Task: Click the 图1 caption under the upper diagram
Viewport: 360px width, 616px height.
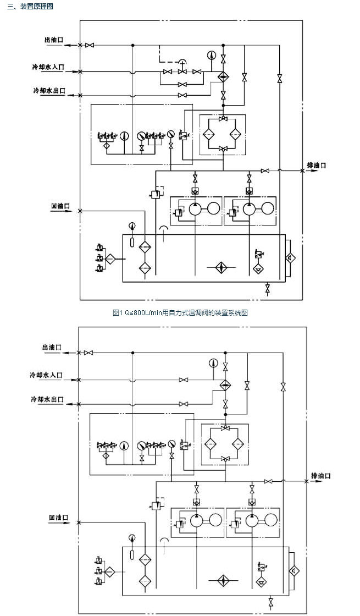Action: point(180,313)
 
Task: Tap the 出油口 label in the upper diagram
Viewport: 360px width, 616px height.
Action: point(54,40)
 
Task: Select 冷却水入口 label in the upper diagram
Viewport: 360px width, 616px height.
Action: point(48,67)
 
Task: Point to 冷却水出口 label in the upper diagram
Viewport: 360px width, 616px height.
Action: point(48,90)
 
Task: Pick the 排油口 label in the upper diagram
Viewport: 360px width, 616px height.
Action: point(316,166)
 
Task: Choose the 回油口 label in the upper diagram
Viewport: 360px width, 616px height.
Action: point(60,206)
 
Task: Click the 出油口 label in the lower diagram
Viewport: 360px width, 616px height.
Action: point(52,348)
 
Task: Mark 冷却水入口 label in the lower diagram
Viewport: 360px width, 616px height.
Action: point(46,375)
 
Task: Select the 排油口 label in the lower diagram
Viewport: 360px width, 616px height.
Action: point(321,476)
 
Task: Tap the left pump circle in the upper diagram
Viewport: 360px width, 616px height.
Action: point(196,209)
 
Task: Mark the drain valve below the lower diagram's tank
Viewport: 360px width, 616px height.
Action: point(270,601)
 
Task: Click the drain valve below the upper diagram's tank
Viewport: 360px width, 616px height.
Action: point(268,288)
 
